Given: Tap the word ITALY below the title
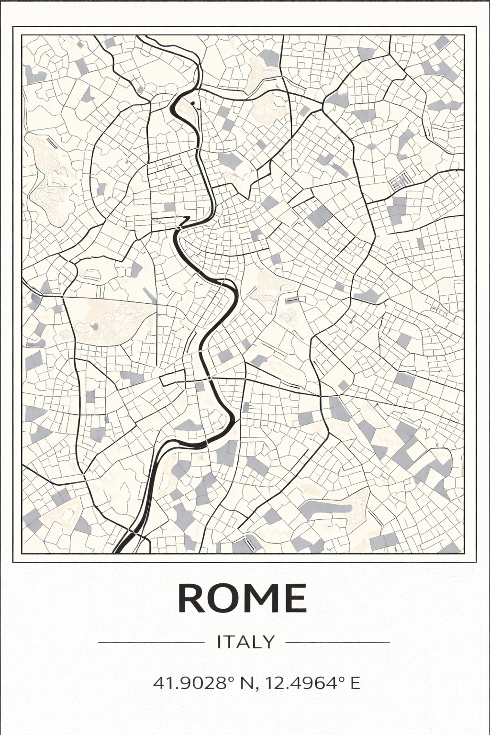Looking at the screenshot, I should point(246,642).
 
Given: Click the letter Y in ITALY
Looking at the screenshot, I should point(269,642).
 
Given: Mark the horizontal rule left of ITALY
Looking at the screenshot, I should point(151,642).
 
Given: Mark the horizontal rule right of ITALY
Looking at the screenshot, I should point(338,642).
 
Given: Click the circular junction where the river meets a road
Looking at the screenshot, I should point(209,378).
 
